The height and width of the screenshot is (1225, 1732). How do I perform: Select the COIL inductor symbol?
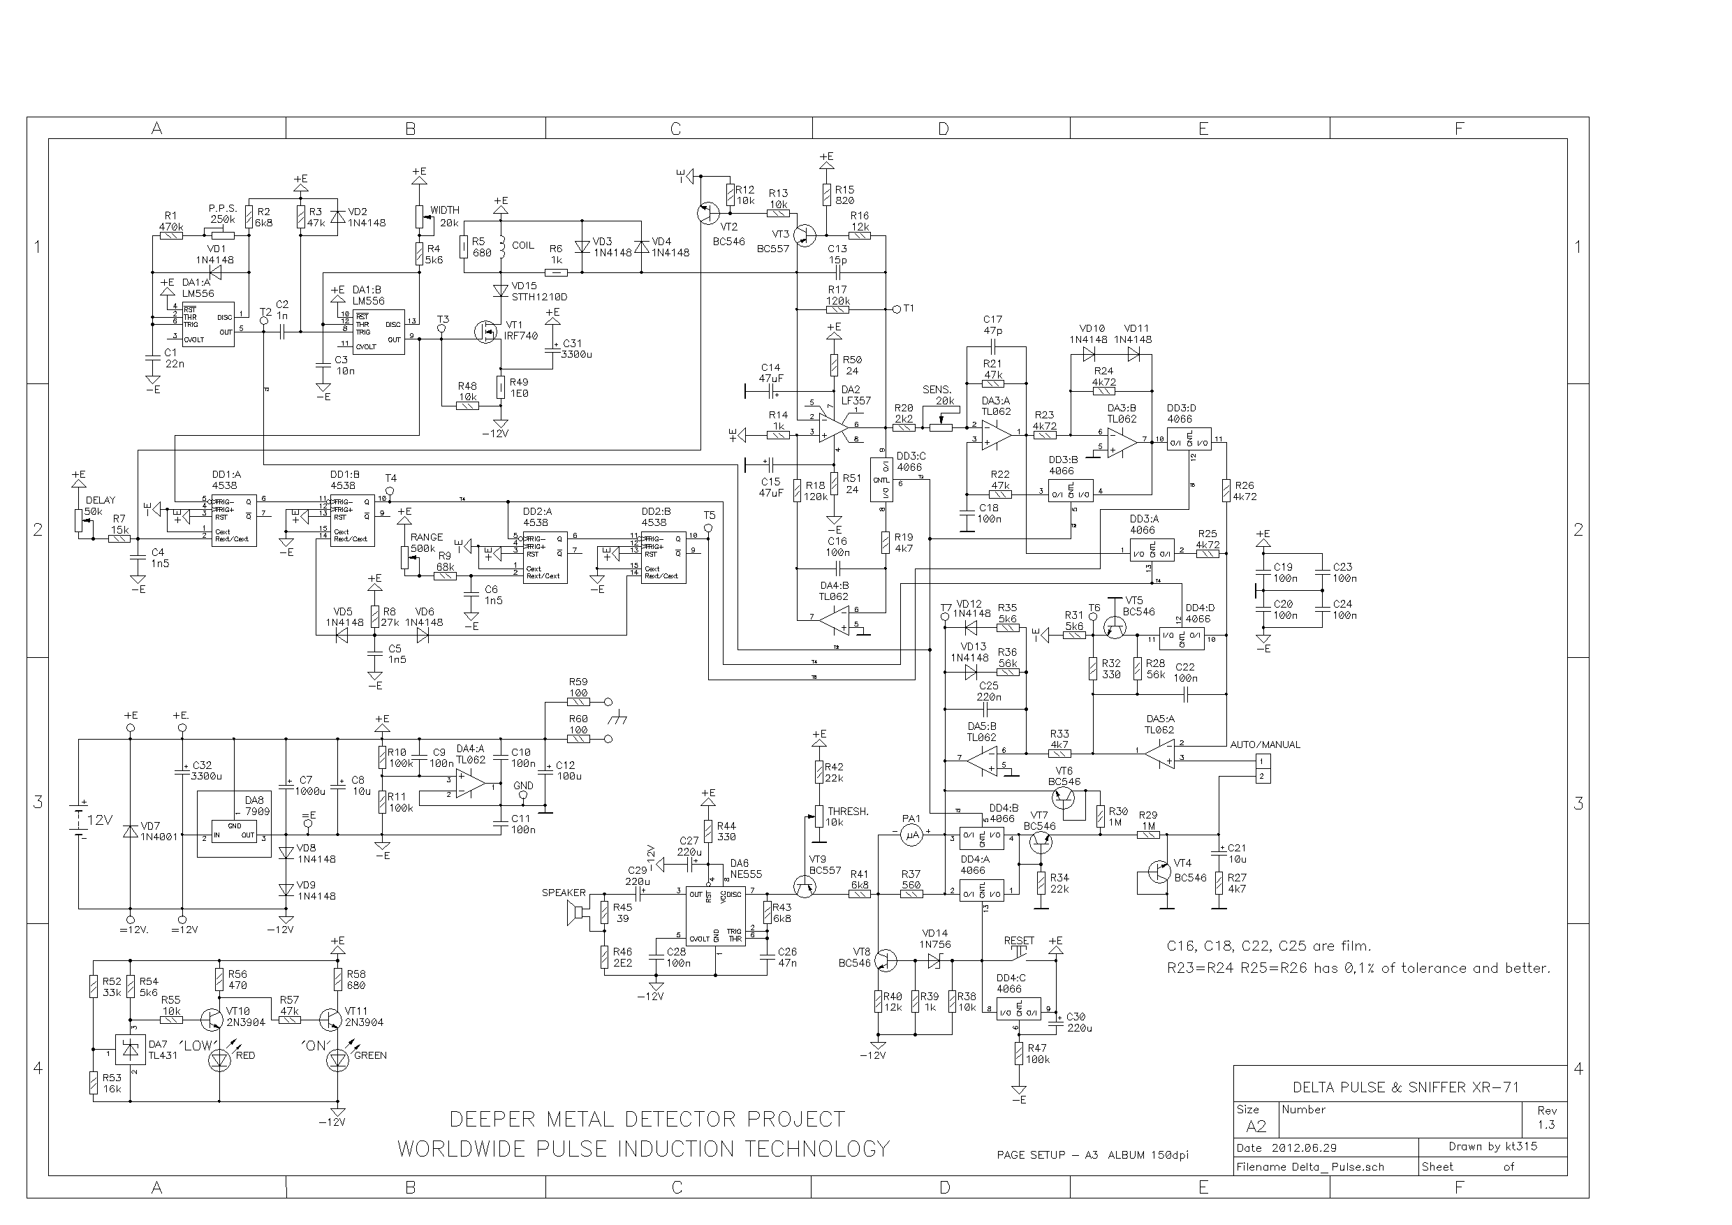pyautogui.click(x=499, y=246)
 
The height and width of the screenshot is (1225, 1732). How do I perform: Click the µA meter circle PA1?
pyautogui.click(x=912, y=835)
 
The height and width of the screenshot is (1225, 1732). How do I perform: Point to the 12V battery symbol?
pyautogui.click(x=78, y=819)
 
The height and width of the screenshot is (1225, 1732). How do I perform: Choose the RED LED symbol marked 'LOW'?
pyautogui.click(x=219, y=1059)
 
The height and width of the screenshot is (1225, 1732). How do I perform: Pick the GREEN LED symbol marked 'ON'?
pyautogui.click(x=337, y=1059)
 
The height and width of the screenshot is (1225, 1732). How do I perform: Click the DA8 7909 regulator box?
pyautogui.click(x=234, y=830)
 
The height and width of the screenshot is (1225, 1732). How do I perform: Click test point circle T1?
pyautogui.click(x=896, y=309)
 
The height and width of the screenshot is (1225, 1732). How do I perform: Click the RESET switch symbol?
pyautogui.click(x=1020, y=957)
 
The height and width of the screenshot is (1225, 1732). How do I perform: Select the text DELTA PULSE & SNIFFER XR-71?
pyautogui.click(x=1405, y=1087)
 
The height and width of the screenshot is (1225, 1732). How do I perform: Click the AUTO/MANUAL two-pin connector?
pyautogui.click(x=1263, y=769)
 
